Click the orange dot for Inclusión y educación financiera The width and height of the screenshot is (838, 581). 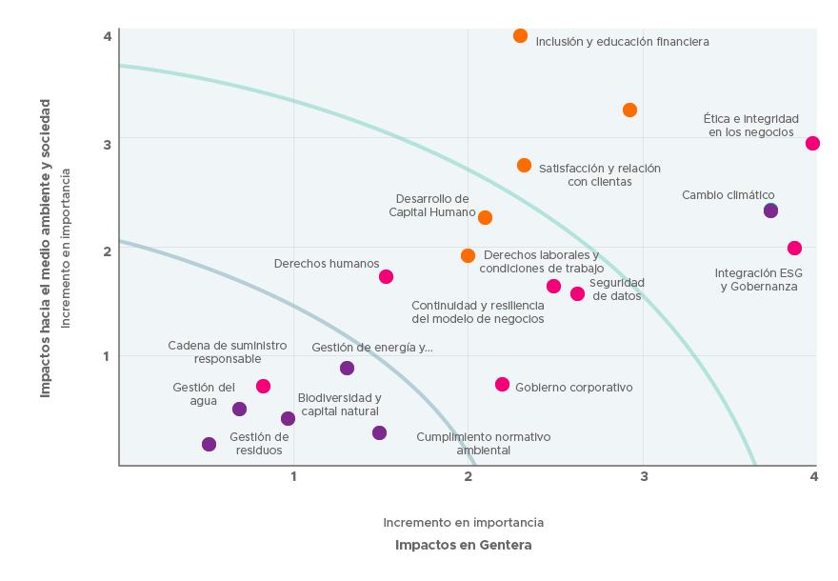pyautogui.click(x=520, y=36)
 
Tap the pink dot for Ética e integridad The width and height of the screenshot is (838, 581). pyautogui.click(x=812, y=144)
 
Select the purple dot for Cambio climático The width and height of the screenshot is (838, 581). pyautogui.click(x=770, y=210)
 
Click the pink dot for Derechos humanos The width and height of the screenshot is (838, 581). pyautogui.click(x=386, y=277)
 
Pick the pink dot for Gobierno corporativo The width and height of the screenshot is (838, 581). pyautogui.click(x=502, y=385)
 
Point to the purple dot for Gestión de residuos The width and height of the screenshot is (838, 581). pyautogui.click(x=209, y=445)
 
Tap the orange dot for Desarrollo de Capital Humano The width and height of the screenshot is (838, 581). pyautogui.click(x=485, y=218)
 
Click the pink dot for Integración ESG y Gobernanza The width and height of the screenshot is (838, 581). pyautogui.click(x=794, y=249)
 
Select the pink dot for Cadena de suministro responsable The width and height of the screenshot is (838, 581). pyautogui.click(x=263, y=387)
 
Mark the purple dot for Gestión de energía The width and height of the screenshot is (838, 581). pyautogui.click(x=347, y=369)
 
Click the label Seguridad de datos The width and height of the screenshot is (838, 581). pyautogui.click(x=616, y=289)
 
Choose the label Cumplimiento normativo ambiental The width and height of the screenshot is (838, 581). pyautogui.click(x=483, y=443)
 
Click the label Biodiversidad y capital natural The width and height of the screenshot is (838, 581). pyautogui.click(x=339, y=404)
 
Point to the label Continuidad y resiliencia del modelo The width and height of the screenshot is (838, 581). pyautogui.click(x=477, y=311)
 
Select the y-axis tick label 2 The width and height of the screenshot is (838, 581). pyautogui.click(x=108, y=250)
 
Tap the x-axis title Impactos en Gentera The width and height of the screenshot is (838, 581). pyautogui.click(x=463, y=546)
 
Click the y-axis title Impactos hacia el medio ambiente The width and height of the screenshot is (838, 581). pyautogui.click(x=46, y=248)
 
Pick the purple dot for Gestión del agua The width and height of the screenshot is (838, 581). pyautogui.click(x=239, y=410)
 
